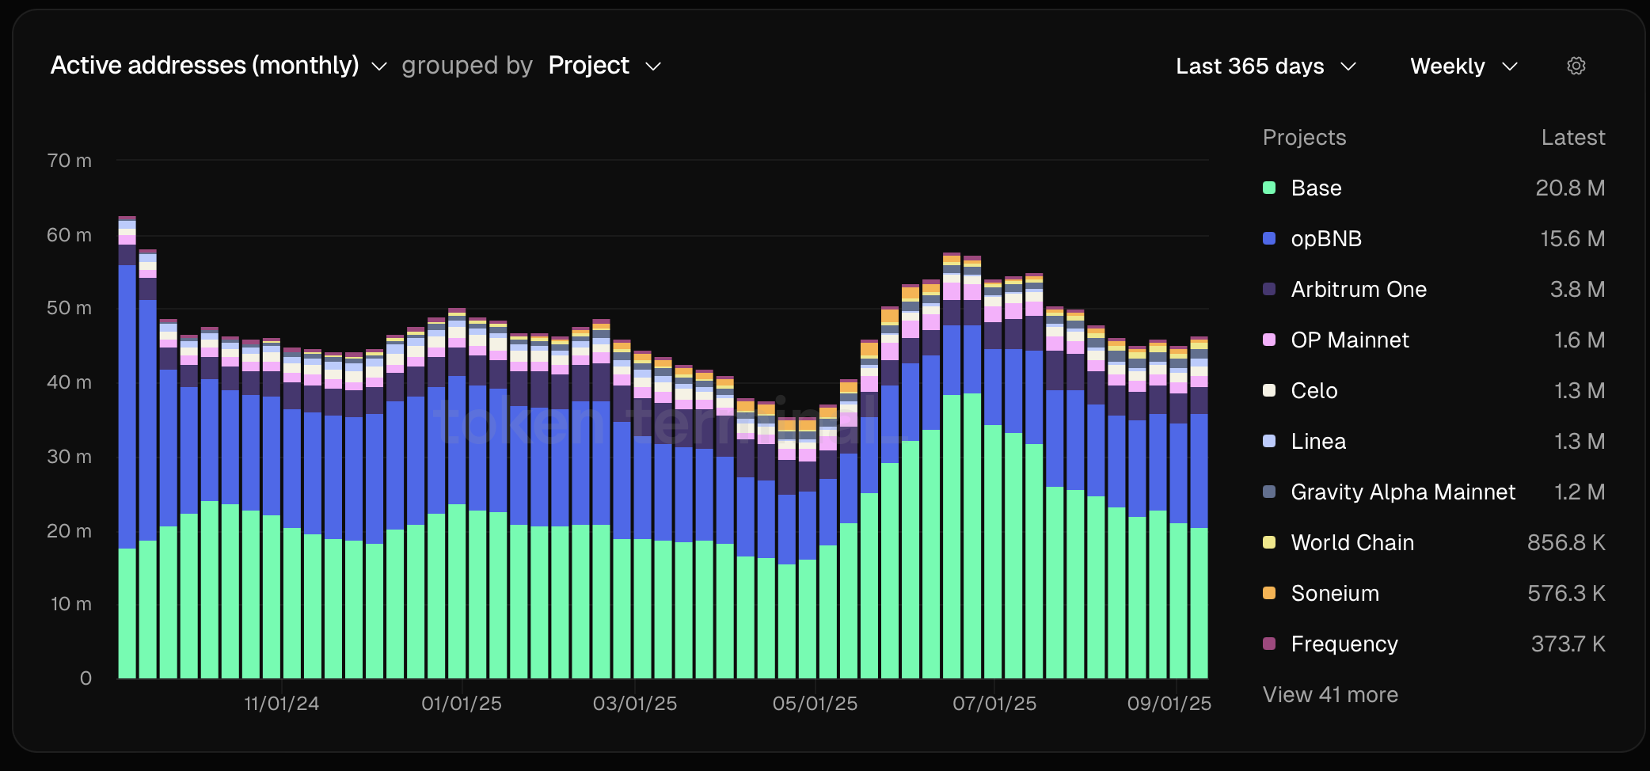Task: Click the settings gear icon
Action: coord(1576,66)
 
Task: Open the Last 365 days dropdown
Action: coord(1265,66)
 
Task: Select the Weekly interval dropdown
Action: coord(1463,66)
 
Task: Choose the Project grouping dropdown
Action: coord(604,66)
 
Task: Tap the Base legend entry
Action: coord(1316,188)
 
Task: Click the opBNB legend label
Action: coord(1326,239)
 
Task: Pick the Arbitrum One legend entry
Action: coord(1359,290)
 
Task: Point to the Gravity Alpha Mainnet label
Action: coord(1403,492)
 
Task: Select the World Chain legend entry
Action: coord(1352,543)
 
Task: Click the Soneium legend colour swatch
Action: coord(1269,593)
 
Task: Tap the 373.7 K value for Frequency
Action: coord(1568,644)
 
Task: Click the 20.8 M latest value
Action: coord(1570,188)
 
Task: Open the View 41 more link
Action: coord(1330,695)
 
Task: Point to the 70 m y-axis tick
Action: coord(70,161)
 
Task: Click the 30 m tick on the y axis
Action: coord(70,457)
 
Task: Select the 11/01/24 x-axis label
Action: coord(281,704)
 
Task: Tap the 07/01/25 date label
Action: coord(994,704)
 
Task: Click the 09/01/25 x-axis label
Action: coord(1169,704)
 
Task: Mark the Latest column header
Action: coord(1572,138)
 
